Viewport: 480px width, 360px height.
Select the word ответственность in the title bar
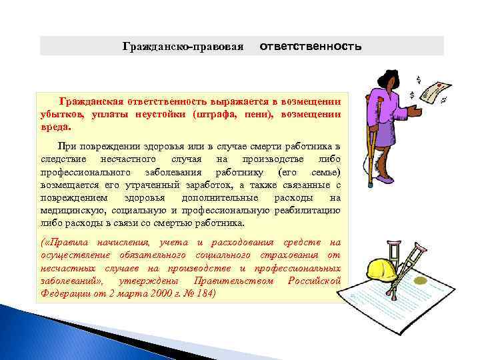click(x=310, y=47)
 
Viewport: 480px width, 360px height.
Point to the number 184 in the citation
click(x=202, y=293)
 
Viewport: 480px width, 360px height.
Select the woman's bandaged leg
click(x=385, y=161)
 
